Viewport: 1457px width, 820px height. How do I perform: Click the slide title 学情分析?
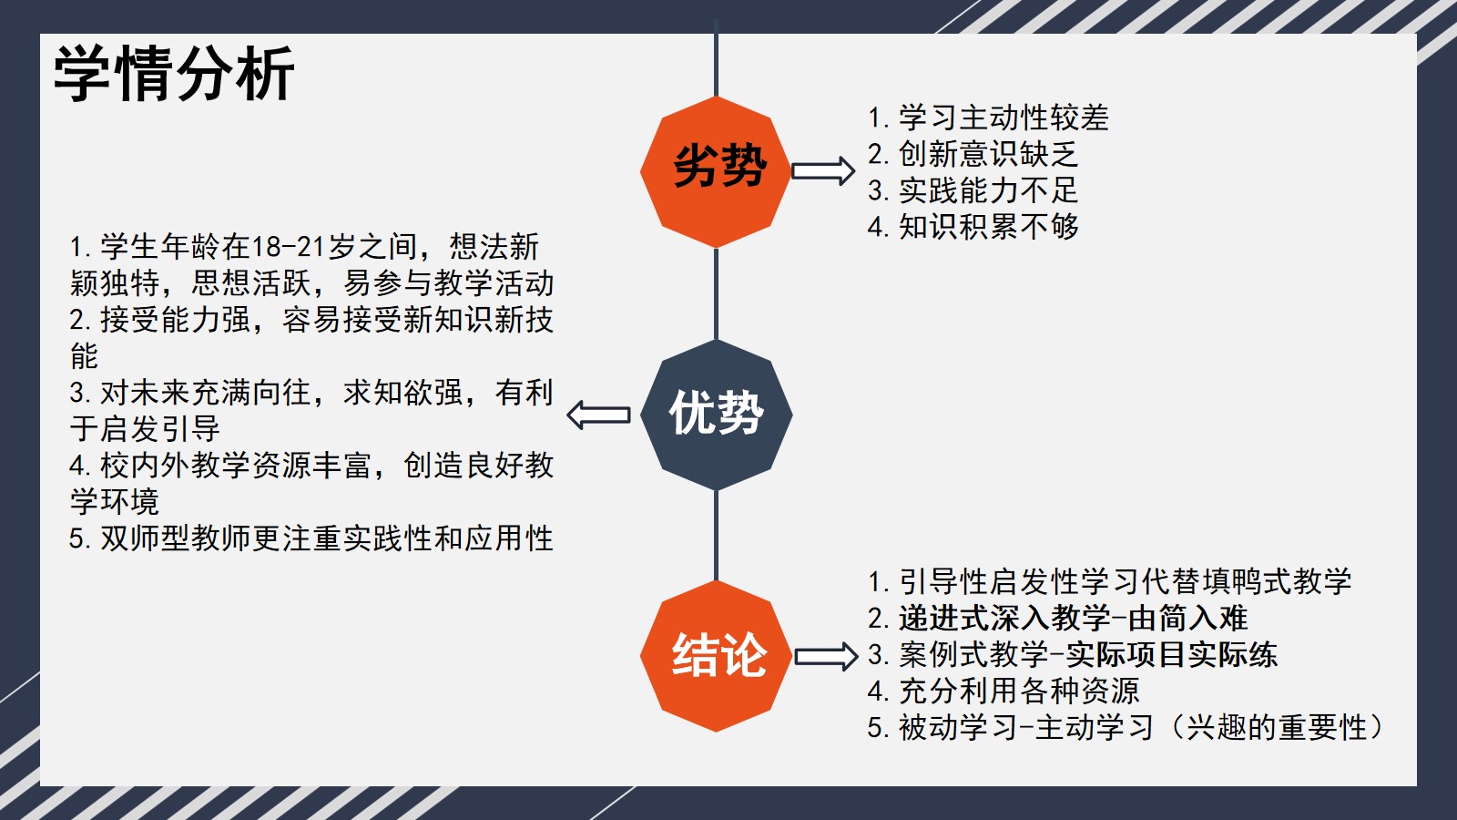coord(174,73)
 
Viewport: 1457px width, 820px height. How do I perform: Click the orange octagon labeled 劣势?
coord(716,172)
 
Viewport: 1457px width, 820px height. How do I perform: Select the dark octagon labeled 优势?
coord(716,415)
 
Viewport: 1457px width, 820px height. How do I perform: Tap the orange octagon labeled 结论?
coord(716,656)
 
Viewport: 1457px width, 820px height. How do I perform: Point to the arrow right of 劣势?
coord(823,171)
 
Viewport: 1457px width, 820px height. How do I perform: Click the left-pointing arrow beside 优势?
coord(598,415)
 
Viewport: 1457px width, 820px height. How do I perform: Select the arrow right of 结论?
coord(826,656)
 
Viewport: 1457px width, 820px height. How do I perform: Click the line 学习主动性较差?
coord(988,118)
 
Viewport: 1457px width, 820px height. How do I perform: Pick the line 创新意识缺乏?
coord(973,154)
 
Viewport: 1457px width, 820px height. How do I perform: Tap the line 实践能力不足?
coord(973,190)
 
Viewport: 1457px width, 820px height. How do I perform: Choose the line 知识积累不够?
coord(973,227)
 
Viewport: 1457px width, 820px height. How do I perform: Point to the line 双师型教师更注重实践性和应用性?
coord(311,538)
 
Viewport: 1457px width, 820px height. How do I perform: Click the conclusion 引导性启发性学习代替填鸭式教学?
coord(1110,582)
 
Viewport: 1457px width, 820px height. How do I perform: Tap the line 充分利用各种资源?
coord(1004,692)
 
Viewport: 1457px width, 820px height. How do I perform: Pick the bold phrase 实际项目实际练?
coord(1172,655)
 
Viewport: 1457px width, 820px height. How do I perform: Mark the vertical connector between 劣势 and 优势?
coord(716,293)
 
